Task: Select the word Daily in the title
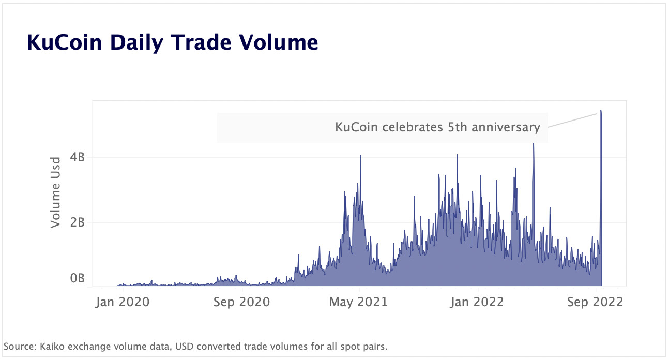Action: pyautogui.click(x=134, y=42)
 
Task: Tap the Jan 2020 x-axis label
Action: pyautogui.click(x=123, y=302)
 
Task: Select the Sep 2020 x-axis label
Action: pyautogui.click(x=241, y=302)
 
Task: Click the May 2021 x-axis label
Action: pyautogui.click(x=358, y=302)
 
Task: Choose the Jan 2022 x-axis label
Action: pyautogui.click(x=477, y=302)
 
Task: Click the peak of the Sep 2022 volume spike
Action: pyautogui.click(x=601, y=111)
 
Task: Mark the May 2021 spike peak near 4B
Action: pyautogui.click(x=361, y=156)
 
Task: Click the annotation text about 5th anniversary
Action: pyautogui.click(x=437, y=127)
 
